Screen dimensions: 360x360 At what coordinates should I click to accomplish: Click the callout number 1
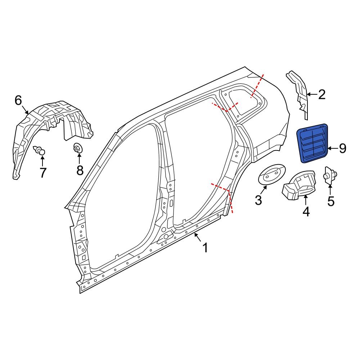[x=205, y=248]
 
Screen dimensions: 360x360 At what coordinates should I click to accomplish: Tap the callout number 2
[x=321, y=95]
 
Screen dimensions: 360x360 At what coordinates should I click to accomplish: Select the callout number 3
[x=258, y=200]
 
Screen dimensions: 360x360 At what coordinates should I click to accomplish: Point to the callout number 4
[x=306, y=212]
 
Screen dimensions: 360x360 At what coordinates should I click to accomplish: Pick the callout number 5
[x=331, y=201]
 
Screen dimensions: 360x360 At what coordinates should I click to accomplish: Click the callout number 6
[x=18, y=100]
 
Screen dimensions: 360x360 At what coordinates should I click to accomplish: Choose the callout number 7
[x=43, y=173]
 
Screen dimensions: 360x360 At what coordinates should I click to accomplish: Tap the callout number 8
[x=80, y=170]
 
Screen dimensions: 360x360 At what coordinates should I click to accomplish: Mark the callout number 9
[x=342, y=148]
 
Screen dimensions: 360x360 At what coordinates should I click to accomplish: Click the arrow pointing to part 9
[x=332, y=148]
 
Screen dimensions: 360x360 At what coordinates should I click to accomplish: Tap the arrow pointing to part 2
[x=311, y=95]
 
